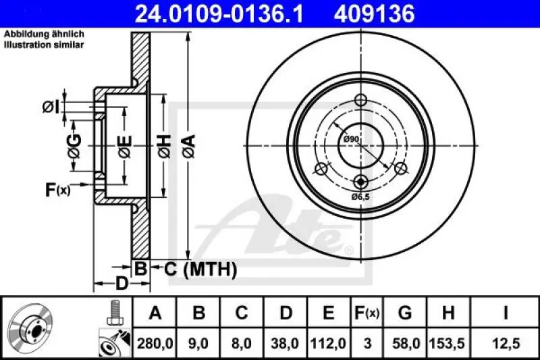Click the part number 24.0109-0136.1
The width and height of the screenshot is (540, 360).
[x=213, y=13]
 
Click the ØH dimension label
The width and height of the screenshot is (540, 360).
[x=164, y=143]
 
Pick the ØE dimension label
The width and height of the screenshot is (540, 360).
[x=124, y=143]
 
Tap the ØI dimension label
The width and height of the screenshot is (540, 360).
[x=51, y=106]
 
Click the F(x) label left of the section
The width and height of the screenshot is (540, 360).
[x=57, y=190]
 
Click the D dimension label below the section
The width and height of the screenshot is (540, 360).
[x=120, y=284]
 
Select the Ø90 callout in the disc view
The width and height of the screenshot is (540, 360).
[x=350, y=139]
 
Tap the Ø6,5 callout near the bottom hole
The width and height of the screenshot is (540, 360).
[x=361, y=197]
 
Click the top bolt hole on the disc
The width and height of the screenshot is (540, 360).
[x=360, y=101]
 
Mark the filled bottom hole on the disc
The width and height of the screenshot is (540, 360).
[x=360, y=181]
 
